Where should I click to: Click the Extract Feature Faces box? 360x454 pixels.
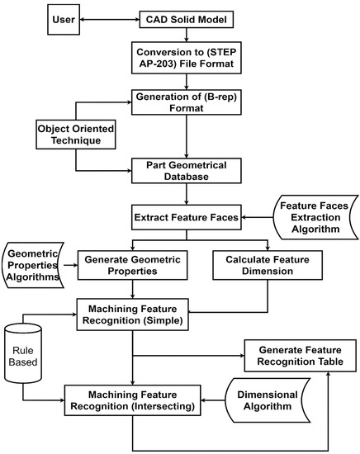(186, 219)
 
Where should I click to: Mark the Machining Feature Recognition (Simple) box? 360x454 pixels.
(132, 314)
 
